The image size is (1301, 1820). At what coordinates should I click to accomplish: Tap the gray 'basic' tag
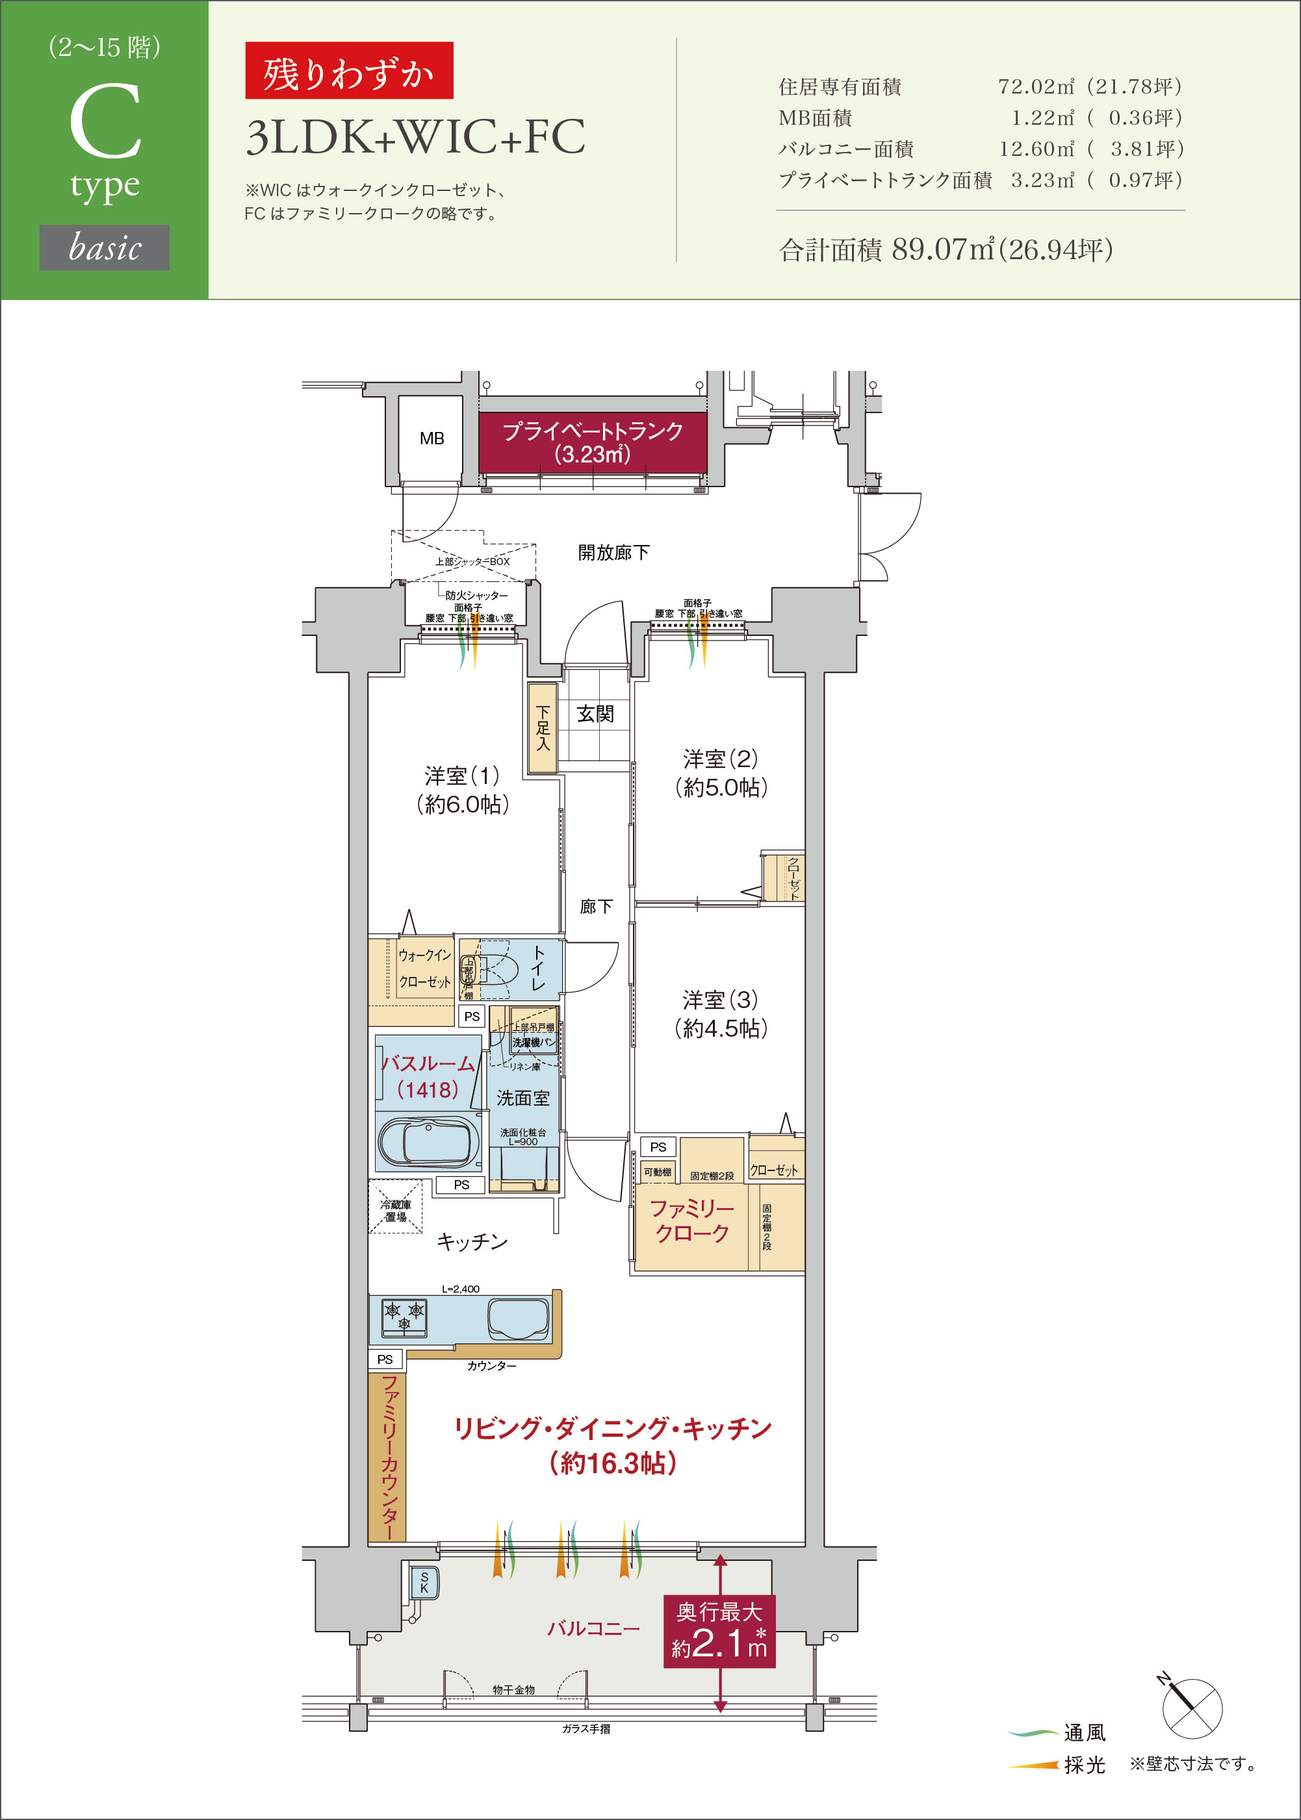click(104, 247)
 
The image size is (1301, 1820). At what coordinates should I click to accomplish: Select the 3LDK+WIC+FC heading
click(415, 137)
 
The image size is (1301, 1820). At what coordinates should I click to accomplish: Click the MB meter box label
click(431, 439)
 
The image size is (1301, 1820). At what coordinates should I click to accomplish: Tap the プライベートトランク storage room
click(592, 443)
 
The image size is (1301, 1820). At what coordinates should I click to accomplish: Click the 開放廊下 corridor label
click(613, 553)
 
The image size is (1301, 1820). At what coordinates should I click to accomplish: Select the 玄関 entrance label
click(595, 713)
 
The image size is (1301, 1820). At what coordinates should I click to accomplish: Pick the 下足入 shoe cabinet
click(543, 727)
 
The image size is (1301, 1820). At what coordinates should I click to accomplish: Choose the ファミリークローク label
click(691, 1220)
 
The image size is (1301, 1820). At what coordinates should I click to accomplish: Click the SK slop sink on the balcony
click(424, 1582)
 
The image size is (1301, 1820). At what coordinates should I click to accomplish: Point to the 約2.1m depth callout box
click(719, 1631)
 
